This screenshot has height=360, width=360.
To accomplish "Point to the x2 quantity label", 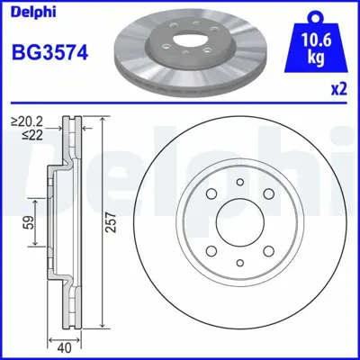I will pyautogui.click(x=339, y=90).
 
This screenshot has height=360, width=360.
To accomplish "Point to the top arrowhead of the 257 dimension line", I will pyautogui.click(x=101, y=122).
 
